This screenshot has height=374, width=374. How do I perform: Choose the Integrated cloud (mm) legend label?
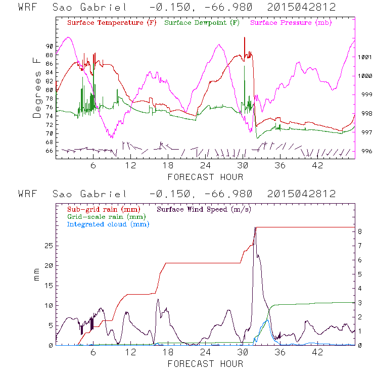108,224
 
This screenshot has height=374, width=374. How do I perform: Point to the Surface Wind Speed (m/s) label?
205,208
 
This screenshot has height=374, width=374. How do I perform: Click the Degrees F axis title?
37,87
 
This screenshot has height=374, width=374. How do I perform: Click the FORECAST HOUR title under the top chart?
205,177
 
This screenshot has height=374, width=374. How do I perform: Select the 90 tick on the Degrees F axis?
50,46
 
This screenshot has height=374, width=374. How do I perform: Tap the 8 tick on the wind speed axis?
360,231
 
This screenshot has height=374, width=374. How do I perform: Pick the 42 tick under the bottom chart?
317,352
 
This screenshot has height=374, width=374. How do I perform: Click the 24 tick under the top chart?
205,165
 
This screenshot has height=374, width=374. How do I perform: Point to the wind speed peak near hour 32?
255,227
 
